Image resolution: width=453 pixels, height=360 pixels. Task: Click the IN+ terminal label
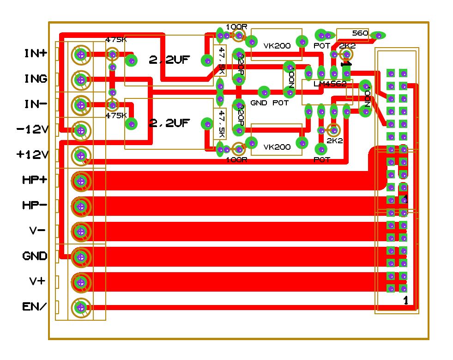click(36, 54)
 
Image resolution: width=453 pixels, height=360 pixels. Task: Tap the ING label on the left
click(36, 79)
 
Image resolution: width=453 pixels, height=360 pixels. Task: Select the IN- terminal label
click(36, 104)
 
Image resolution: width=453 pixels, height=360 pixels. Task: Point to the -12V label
click(32, 129)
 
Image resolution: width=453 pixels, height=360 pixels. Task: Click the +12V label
click(32, 155)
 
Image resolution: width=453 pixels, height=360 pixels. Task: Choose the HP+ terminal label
click(35, 180)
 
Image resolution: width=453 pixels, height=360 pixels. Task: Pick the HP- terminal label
click(35, 205)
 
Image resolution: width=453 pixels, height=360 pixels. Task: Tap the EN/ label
click(35, 306)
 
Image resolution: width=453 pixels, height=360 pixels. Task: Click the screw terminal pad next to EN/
click(81, 307)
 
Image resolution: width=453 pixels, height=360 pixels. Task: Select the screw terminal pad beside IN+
click(81, 55)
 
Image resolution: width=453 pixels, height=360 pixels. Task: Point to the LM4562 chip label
click(330, 84)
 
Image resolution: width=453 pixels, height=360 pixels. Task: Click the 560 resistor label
click(360, 33)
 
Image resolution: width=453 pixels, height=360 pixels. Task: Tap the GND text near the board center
click(259, 103)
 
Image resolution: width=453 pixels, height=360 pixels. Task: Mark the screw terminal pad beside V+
click(81, 281)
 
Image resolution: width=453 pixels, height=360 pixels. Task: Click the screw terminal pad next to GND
click(81, 256)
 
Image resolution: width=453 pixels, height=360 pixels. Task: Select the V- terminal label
click(37, 231)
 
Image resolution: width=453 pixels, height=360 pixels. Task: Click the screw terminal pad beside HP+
click(81, 181)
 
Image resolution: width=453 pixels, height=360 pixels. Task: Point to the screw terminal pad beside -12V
click(81, 130)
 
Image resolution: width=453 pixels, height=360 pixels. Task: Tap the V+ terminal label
click(37, 281)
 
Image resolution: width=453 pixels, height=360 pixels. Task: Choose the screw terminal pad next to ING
click(81, 80)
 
